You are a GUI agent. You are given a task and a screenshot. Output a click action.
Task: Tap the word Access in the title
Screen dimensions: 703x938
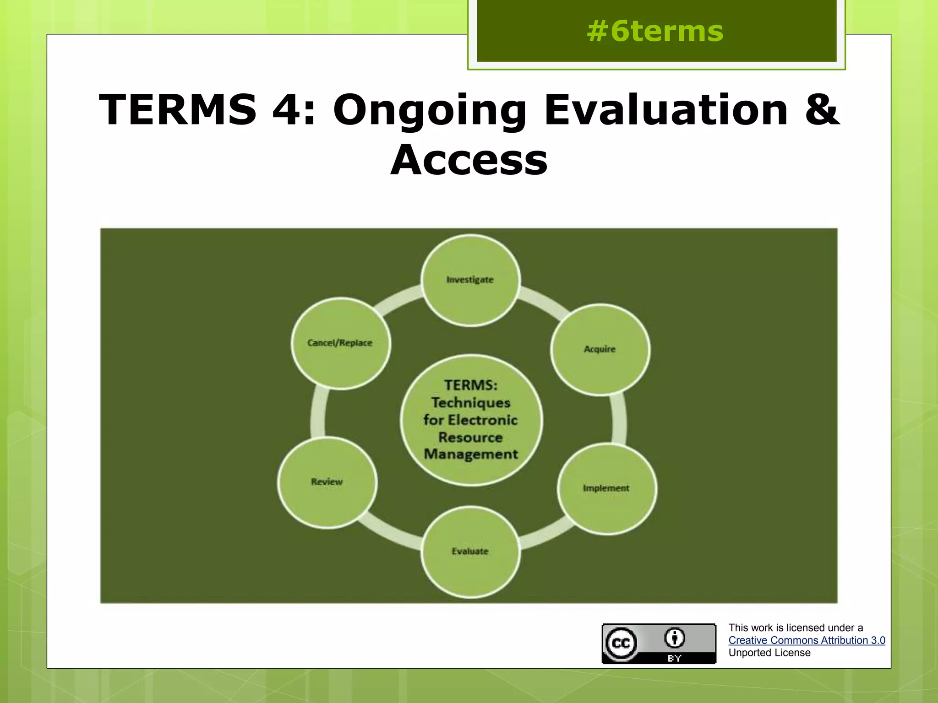469,160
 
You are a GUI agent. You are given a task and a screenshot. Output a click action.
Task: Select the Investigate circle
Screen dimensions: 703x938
470,280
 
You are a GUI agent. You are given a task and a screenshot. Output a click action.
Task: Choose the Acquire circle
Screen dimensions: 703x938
600,349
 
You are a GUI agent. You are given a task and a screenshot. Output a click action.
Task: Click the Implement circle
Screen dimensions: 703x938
606,488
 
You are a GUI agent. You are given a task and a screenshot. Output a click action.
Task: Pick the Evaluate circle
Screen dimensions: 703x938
470,552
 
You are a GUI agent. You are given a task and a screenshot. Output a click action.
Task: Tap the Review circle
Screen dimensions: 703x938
327,482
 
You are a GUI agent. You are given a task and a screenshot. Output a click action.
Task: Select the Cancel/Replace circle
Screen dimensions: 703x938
340,343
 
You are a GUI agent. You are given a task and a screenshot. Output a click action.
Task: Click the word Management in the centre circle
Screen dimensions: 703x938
471,454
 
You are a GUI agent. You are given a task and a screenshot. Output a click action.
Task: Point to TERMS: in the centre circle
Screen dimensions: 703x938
471,385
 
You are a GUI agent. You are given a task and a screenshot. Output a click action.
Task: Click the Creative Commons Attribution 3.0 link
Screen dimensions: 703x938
807,640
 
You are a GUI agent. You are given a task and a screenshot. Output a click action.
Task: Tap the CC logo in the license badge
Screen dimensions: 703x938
621,644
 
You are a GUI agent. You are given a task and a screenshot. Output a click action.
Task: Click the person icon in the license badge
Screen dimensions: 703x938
675,638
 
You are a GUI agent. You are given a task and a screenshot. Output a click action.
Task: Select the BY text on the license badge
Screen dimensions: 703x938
675,658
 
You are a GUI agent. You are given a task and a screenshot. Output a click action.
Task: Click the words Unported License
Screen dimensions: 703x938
769,653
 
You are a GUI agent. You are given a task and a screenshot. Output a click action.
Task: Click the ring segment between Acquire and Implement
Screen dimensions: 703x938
619,419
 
